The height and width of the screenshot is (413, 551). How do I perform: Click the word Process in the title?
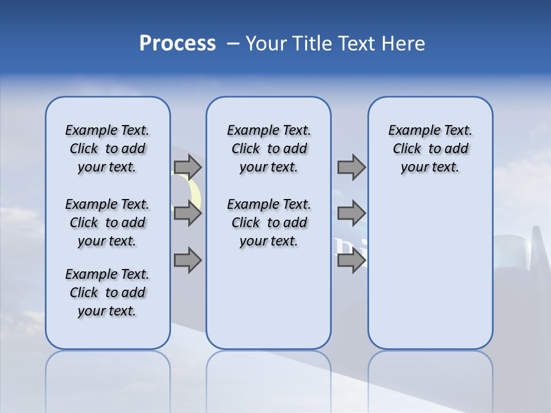(177, 44)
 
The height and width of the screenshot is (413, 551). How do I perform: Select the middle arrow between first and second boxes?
(188, 214)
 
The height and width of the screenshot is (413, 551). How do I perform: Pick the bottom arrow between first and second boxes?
(188, 260)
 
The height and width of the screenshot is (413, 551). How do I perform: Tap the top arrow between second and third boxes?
(351, 167)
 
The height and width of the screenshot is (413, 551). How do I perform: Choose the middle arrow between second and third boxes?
(351, 214)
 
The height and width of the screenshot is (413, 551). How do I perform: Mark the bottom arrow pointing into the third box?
(351, 260)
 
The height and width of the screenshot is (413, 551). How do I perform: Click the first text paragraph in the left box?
(107, 149)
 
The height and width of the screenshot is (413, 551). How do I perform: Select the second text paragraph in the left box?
(107, 223)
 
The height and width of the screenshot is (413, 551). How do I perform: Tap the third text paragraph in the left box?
(107, 293)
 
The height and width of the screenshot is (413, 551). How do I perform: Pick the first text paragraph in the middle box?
(269, 149)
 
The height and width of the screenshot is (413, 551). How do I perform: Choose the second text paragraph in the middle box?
(269, 223)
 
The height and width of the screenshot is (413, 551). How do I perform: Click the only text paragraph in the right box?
(430, 149)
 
